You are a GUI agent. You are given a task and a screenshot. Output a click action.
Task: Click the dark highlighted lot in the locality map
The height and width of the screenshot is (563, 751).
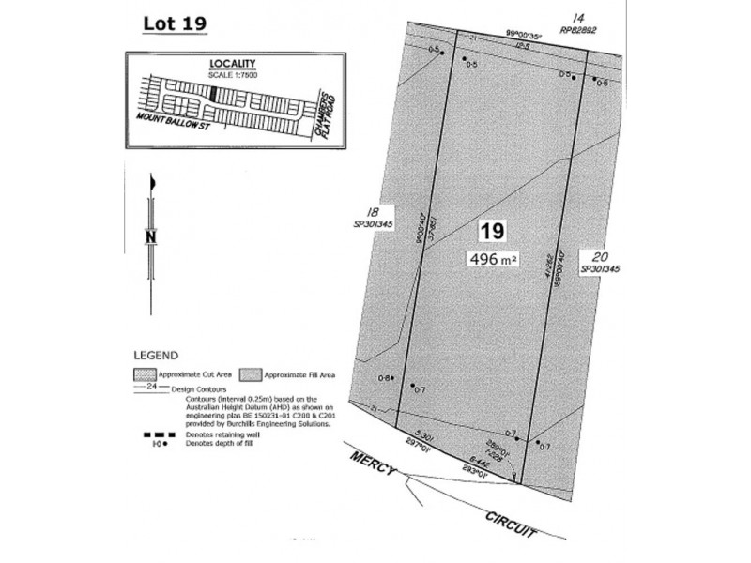click(215, 94)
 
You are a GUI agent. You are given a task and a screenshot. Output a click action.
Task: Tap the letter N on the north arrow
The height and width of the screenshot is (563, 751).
click(149, 237)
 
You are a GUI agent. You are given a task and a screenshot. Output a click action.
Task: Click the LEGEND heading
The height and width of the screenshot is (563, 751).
click(155, 357)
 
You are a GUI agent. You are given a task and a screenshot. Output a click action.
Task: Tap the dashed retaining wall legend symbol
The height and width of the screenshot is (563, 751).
click(149, 434)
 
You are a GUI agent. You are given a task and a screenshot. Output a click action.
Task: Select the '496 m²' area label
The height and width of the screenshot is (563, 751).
click(493, 259)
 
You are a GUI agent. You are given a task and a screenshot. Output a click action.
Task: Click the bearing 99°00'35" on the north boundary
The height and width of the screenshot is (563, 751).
click(529, 33)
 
